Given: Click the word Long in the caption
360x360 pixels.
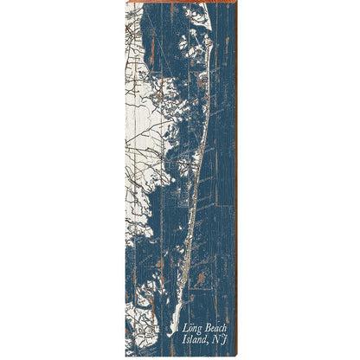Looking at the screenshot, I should click(191, 329).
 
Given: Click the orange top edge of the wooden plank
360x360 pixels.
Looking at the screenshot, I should click(180, 3).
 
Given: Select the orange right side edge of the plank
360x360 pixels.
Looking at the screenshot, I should click(235, 173).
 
